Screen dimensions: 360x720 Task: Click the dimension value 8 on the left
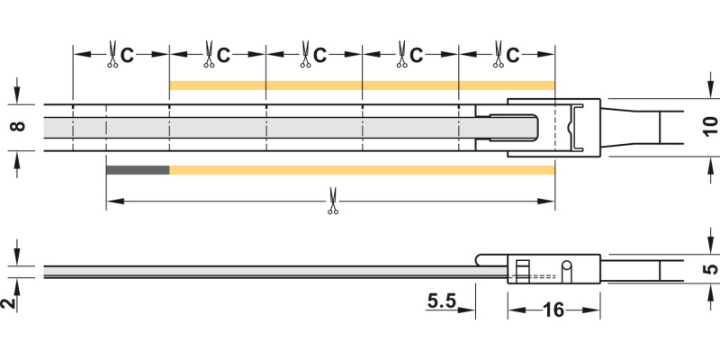[x=15, y=127]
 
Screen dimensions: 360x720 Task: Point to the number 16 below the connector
[x=553, y=310]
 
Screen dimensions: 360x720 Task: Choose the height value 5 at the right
[x=709, y=268]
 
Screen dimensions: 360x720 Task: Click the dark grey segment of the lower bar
[x=138, y=170]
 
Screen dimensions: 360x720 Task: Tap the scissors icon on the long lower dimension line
[x=331, y=200]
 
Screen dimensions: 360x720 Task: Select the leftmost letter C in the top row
[x=127, y=56]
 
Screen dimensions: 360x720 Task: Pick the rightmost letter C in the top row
[x=512, y=56]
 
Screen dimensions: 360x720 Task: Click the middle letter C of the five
[x=320, y=56]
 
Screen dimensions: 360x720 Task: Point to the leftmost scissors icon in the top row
[x=112, y=55]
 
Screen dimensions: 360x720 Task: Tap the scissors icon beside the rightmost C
[x=497, y=55]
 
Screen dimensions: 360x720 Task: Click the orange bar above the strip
[x=360, y=85]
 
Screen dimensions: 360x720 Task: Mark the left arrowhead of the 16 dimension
[x=514, y=310]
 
